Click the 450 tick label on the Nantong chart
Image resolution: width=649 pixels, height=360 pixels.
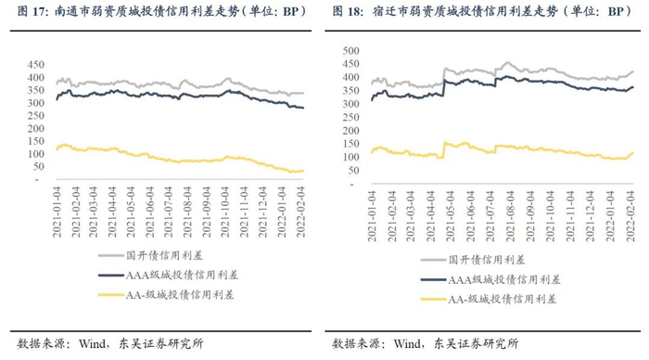point(35,65)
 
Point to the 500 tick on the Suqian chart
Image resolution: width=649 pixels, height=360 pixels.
point(351,51)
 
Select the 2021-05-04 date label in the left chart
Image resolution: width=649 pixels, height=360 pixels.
point(131,212)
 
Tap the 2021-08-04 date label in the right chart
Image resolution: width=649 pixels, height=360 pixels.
point(510,216)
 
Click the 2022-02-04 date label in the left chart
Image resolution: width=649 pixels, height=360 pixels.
point(300,212)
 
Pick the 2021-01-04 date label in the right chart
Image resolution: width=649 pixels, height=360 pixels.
point(372,216)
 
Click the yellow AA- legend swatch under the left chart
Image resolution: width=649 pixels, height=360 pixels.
point(111,295)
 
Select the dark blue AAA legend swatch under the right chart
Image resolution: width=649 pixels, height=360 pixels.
point(433,280)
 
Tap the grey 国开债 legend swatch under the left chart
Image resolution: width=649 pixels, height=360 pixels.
point(111,255)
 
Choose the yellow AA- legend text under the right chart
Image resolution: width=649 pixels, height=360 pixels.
point(503,300)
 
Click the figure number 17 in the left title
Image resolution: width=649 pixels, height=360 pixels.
point(39,12)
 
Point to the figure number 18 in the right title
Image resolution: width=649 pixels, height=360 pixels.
point(354,12)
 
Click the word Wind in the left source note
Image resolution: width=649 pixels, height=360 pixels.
point(92,343)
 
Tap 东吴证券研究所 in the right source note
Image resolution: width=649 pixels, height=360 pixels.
point(476,343)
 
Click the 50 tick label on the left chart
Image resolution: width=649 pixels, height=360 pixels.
point(38,167)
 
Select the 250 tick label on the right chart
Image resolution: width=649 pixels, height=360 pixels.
point(351,118)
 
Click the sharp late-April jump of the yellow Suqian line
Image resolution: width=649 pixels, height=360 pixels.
point(444,150)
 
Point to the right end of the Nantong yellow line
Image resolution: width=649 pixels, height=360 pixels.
point(303,171)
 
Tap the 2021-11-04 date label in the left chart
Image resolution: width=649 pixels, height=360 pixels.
point(244,212)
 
